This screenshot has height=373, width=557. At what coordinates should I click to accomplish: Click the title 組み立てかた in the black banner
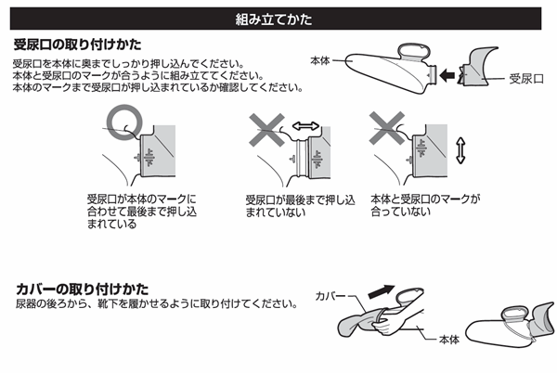274,19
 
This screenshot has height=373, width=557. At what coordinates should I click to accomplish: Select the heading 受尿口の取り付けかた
77,45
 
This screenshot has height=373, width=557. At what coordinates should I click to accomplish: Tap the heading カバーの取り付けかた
82,289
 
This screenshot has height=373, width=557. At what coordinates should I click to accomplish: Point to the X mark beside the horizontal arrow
266,130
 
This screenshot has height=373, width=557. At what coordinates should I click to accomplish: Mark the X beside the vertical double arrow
387,128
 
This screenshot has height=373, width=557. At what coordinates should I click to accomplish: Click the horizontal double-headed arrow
305,125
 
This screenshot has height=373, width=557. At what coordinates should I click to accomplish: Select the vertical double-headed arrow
460,151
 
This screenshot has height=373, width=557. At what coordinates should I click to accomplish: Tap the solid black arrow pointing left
447,75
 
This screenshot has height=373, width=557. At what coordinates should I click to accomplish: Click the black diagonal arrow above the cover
382,291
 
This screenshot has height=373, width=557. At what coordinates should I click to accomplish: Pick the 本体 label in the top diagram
320,60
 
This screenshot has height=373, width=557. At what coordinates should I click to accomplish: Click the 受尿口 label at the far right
526,79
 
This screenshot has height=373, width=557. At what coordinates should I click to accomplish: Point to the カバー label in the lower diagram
330,296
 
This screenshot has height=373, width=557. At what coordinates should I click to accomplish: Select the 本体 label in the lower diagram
449,340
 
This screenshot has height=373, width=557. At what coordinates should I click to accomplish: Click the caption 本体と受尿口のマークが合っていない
425,205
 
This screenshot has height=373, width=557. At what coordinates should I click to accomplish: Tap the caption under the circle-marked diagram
142,212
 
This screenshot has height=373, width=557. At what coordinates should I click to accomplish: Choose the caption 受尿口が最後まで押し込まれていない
300,206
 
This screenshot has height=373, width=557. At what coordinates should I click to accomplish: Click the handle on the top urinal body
414,53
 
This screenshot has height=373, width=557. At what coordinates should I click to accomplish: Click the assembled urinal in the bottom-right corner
510,324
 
